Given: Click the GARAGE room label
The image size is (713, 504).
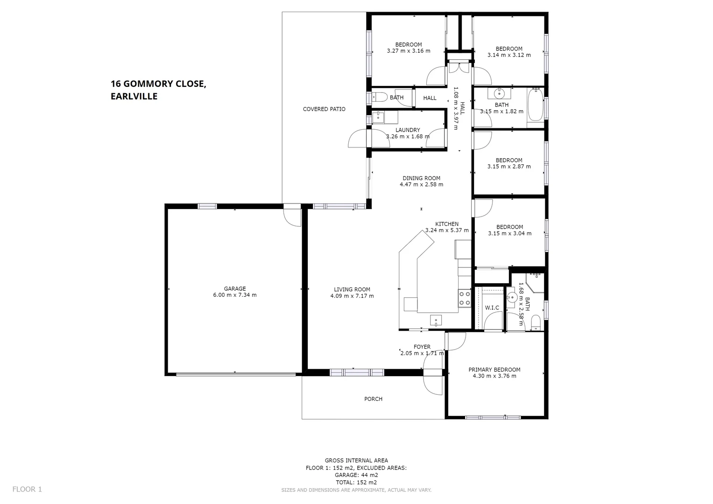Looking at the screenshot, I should (x=234, y=288).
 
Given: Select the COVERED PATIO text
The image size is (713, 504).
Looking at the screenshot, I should (x=324, y=109).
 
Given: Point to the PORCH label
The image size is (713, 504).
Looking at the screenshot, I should (x=373, y=399).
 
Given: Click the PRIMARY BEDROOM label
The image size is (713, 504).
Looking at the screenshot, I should (x=494, y=370).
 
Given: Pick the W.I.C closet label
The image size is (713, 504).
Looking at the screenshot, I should (x=492, y=308).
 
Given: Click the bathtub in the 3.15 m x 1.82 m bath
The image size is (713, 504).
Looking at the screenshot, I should (x=535, y=108).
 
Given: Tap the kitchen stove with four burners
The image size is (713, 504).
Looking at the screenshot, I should (x=464, y=298).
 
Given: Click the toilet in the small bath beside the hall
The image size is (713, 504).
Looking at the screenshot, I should (x=379, y=98).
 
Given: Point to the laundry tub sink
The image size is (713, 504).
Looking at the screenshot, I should (x=379, y=117).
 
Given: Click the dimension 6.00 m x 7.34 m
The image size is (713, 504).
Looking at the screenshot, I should (x=234, y=295).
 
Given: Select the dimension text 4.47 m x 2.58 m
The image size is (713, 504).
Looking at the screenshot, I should (x=421, y=184).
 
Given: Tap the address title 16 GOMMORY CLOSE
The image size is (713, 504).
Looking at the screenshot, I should (x=158, y=84).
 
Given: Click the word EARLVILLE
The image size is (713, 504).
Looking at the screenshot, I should (x=134, y=97).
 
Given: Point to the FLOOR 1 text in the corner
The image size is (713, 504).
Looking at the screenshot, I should (x=27, y=489).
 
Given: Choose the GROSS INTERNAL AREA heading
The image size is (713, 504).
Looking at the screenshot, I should (x=356, y=461).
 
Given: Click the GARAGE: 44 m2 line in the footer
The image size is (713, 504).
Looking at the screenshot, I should (x=356, y=475).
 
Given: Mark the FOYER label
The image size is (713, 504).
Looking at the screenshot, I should (x=422, y=347).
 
